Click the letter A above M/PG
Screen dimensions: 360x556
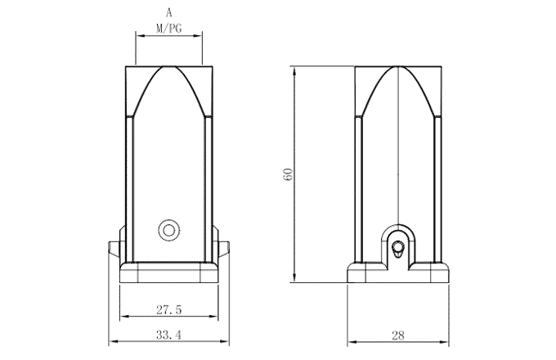click(x=168, y=13)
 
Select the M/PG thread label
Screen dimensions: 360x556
click(x=168, y=28)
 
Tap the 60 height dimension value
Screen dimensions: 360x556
click(x=287, y=174)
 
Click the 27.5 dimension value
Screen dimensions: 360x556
click(x=168, y=310)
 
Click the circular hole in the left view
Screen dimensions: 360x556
click(x=169, y=229)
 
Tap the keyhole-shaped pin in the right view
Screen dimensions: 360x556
click(x=398, y=248)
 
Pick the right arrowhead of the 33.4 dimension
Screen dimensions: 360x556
click(x=224, y=340)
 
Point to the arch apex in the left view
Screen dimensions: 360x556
click(x=168, y=67)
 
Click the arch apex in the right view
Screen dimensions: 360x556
click(x=398, y=67)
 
